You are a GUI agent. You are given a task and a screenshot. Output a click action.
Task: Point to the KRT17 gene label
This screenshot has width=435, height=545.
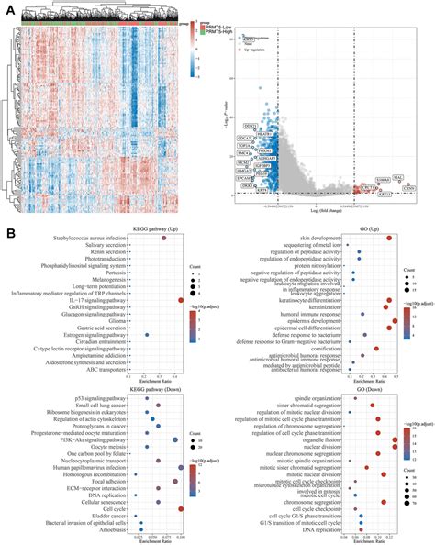(410, 194)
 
